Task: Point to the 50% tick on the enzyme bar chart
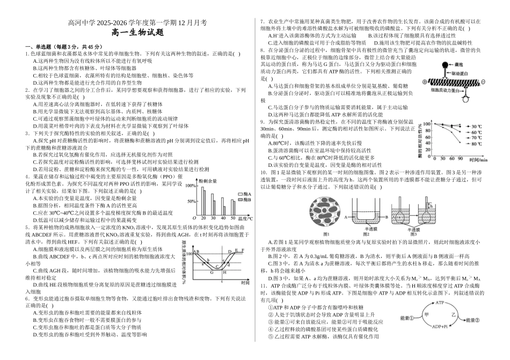[x=191, y=201]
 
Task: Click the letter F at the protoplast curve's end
[x=243, y=250]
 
